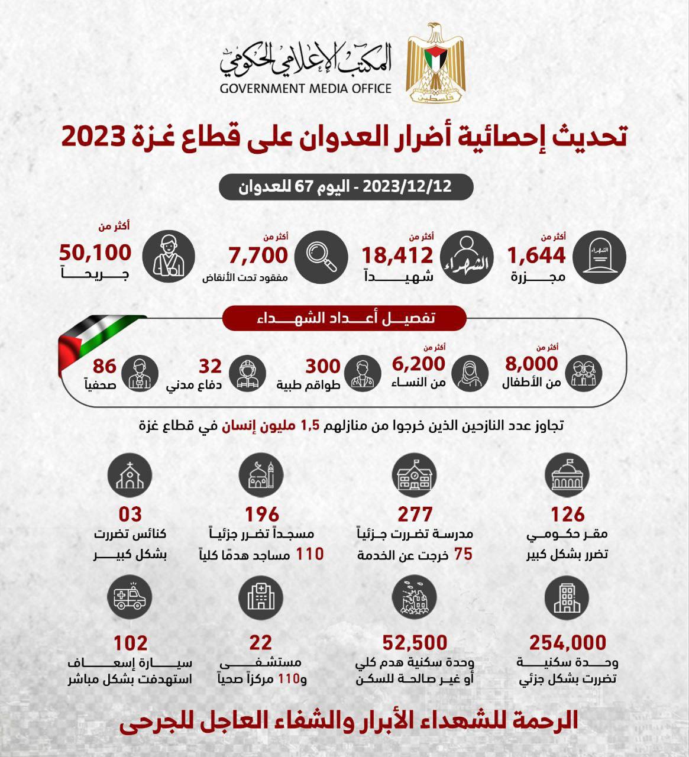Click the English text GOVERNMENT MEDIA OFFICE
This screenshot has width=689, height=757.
pyautogui.click(x=306, y=89)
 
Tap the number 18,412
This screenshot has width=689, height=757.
pyautogui.click(x=397, y=255)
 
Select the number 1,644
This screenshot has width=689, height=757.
pyautogui.click(x=536, y=255)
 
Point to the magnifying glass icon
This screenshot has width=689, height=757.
pyautogui.click(x=321, y=256)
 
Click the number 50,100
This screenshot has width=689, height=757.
pyautogui.click(x=95, y=253)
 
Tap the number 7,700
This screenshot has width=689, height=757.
pyautogui.click(x=258, y=255)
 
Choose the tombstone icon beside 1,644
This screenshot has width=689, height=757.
pyautogui.click(x=600, y=256)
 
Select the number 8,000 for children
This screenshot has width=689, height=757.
pyautogui.click(x=532, y=363)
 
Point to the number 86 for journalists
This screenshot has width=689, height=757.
pyautogui.click(x=105, y=366)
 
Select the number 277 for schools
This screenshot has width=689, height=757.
pyautogui.click(x=415, y=514)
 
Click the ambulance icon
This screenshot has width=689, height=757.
pyautogui.click(x=130, y=597)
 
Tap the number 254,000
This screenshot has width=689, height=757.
pyautogui.click(x=568, y=642)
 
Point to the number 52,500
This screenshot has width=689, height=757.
pyautogui.click(x=415, y=642)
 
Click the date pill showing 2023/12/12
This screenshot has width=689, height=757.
pyautogui.click(x=346, y=187)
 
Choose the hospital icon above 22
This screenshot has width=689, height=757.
pyautogui.click(x=261, y=597)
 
